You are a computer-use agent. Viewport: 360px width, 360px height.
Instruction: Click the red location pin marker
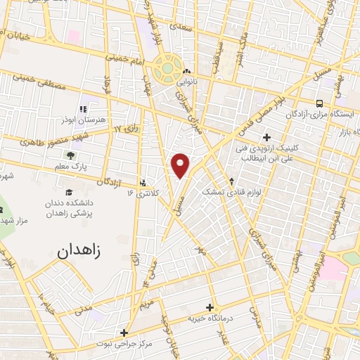(x=181, y=165)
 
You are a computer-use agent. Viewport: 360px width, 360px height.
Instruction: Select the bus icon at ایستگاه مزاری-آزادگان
(x=319, y=103)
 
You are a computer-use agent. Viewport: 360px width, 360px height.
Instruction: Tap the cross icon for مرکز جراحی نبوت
(x=124, y=333)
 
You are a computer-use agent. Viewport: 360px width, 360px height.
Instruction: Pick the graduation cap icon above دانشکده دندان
(x=69, y=193)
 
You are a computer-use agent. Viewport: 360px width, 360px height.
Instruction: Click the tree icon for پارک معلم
(x=69, y=155)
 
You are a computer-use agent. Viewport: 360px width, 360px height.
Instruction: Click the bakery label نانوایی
(x=187, y=82)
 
